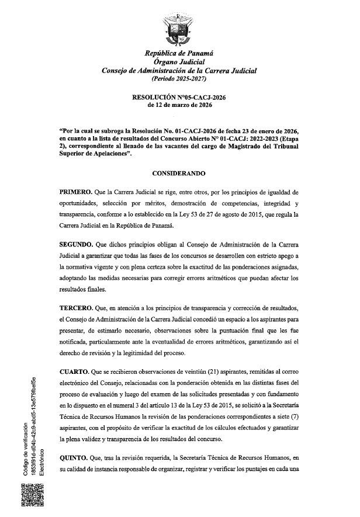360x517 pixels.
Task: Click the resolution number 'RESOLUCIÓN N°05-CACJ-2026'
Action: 179,98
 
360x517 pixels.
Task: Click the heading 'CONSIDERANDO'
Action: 179,174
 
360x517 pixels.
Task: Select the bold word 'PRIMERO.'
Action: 79,193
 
